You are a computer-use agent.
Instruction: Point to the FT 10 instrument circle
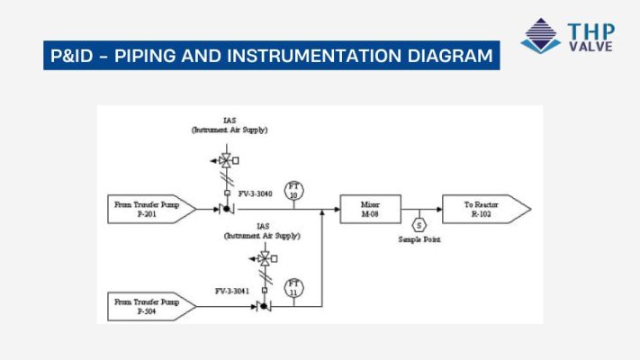tap(293, 190)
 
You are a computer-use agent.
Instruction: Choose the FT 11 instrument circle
tap(293, 288)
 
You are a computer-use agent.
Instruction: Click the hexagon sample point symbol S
tap(419, 225)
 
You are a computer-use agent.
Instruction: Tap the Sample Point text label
tap(419, 240)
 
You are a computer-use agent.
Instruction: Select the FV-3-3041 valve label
tap(232, 292)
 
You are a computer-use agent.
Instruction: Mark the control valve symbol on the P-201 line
tap(226, 209)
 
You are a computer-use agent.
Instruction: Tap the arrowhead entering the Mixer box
tap(336, 209)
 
